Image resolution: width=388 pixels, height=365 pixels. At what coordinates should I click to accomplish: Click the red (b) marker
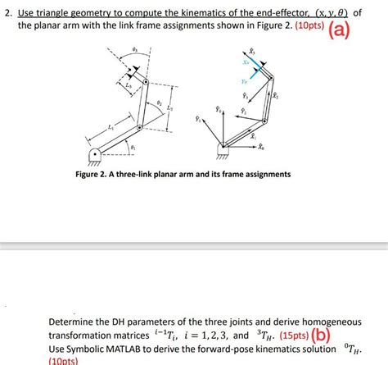(x=321, y=335)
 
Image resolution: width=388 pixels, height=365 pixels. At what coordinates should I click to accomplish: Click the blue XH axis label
(x=245, y=63)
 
